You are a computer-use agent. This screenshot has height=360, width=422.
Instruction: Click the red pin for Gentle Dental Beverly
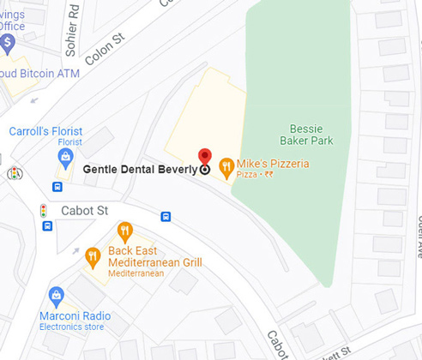tap(204, 156)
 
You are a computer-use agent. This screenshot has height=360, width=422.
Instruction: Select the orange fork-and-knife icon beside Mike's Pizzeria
tap(226, 166)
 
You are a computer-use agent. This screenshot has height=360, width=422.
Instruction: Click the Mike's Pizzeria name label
tap(273, 163)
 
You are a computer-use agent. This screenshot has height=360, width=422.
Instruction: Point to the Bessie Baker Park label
tap(306, 134)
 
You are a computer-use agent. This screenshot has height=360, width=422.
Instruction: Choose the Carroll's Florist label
tap(45, 131)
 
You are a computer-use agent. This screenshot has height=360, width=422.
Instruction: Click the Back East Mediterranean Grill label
tap(155, 256)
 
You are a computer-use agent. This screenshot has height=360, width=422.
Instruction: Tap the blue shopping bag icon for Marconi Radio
tap(57, 297)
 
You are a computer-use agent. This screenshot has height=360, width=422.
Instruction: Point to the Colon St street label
tap(106, 48)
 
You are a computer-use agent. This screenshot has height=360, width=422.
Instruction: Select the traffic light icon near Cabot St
tap(43, 209)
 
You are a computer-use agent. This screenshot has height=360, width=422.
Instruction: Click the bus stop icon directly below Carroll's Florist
tap(57, 187)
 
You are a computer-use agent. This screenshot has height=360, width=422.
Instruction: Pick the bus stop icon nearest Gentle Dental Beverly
tap(166, 217)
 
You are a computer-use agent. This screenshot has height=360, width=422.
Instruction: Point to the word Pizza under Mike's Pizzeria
tap(247, 175)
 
